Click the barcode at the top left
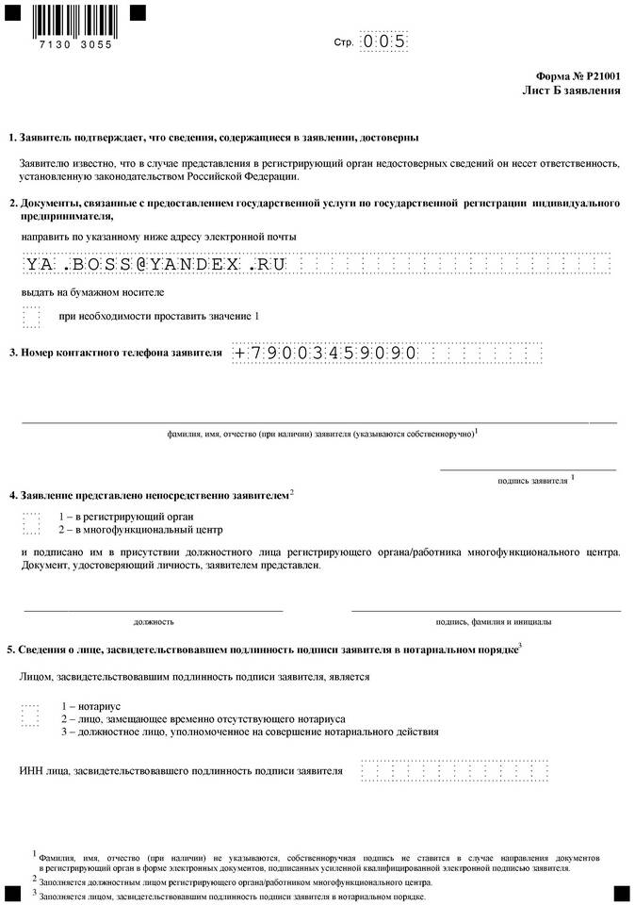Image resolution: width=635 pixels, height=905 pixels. click(x=72, y=19)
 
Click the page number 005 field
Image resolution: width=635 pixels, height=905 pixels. click(x=384, y=41)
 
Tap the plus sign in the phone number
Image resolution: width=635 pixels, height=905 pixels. click(x=240, y=353)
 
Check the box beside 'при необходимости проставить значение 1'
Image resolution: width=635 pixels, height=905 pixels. click(x=31, y=316)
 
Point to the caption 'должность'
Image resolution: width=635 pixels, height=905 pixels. click(x=154, y=621)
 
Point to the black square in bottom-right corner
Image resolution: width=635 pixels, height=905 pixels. click(x=621, y=891)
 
